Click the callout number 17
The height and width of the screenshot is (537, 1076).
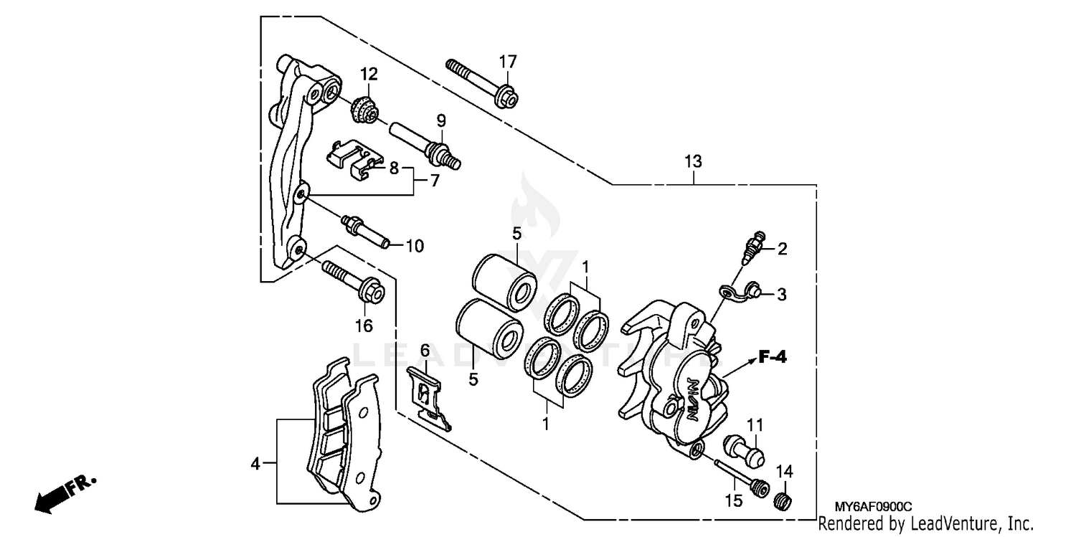[507, 62]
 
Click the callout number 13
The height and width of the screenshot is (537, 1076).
[692, 162]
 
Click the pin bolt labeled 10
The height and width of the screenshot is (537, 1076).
[366, 230]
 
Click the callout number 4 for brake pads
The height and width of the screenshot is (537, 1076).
[255, 464]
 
